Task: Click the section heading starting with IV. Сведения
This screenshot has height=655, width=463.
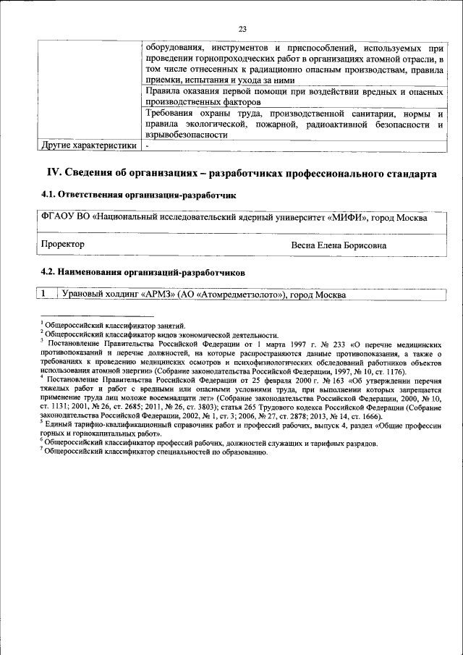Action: coord(242,174)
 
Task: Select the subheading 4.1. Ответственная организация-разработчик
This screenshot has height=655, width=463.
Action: coord(137,195)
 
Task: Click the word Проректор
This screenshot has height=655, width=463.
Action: coord(63,245)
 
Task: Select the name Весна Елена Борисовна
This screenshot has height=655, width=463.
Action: coord(338,245)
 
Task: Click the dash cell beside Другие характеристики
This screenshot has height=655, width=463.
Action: coord(147,145)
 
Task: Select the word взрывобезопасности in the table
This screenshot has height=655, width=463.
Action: coord(187,135)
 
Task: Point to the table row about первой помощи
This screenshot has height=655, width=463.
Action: coord(294,98)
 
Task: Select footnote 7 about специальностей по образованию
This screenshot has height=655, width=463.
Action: coord(155,452)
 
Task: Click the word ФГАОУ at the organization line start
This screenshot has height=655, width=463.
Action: coord(57,217)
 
